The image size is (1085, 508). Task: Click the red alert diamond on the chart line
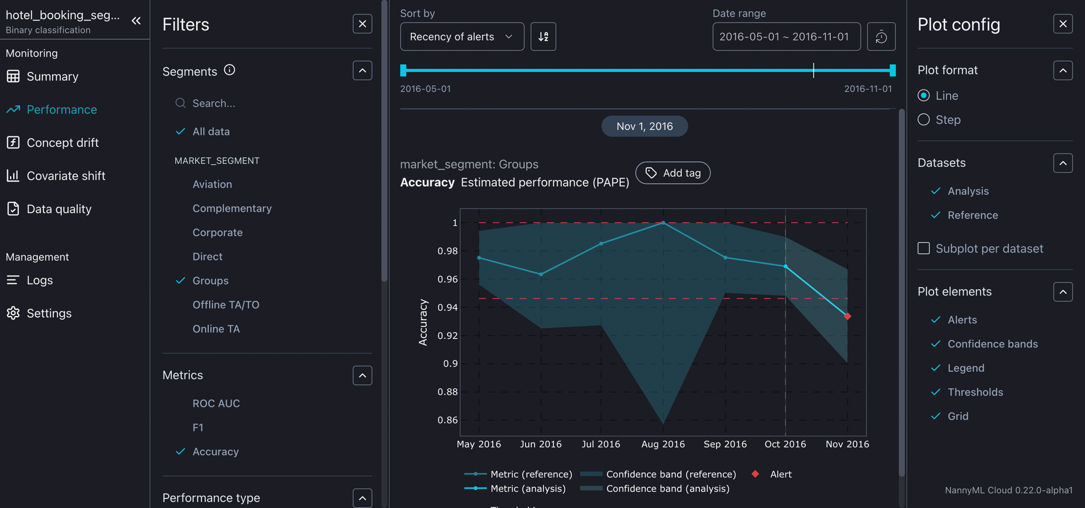pos(847,316)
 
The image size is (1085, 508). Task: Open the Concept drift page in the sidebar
pos(62,143)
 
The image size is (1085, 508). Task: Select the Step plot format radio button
pos(923,120)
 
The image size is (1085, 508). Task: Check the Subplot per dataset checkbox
pos(923,248)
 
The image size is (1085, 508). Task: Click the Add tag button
pos(672,173)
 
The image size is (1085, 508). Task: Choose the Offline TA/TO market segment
pos(226,305)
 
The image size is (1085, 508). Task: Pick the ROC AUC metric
pos(216,403)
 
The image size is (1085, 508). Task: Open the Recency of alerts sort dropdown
pos(462,37)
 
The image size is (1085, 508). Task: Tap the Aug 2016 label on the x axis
pos(663,444)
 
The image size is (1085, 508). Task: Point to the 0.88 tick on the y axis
pos(447,392)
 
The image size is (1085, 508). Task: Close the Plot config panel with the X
pos(1062,24)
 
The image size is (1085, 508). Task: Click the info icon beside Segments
pos(229,70)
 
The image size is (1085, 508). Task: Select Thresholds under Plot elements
pos(975,392)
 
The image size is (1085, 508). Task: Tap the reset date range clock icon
pos(881,37)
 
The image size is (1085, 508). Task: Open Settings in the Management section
pos(49,313)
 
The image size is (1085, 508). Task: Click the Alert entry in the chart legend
pos(780,474)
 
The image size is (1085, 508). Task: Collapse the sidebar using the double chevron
pos(136,21)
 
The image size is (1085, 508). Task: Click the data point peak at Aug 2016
pos(663,223)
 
